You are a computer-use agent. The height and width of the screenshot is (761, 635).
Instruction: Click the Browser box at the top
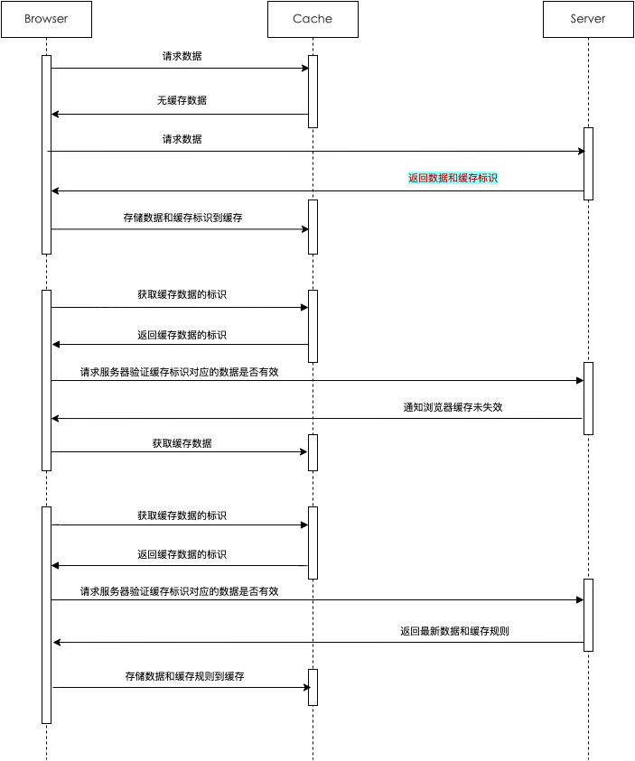(46, 19)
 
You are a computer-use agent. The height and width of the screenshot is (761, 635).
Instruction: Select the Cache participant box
(313, 19)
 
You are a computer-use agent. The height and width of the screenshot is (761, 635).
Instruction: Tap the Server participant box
(588, 19)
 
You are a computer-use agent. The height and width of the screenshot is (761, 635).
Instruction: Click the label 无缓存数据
(182, 100)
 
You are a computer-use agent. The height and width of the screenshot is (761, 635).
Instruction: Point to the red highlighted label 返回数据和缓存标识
(453, 178)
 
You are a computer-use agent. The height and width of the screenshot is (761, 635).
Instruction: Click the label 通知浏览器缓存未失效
(453, 407)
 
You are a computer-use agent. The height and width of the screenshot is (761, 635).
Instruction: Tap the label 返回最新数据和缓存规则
(454, 631)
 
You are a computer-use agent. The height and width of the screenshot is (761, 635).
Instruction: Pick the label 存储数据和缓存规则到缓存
(185, 676)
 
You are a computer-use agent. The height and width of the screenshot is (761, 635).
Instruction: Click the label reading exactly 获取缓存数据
(182, 443)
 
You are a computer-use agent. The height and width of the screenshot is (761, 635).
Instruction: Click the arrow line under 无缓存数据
(181, 114)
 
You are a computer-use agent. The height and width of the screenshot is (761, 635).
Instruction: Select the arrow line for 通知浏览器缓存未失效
(316, 418)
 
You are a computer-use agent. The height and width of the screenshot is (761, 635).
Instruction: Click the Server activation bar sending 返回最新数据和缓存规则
(588, 614)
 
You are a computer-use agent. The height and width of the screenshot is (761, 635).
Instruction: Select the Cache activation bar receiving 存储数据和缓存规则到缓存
(313, 687)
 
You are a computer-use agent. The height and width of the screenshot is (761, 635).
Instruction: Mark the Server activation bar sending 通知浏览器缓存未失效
(588, 398)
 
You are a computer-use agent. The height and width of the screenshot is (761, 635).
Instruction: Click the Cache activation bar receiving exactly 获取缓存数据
(313, 452)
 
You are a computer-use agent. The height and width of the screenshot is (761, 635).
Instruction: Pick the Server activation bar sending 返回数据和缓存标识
(588, 163)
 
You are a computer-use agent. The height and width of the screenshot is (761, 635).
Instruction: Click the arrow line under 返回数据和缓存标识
(316, 190)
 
